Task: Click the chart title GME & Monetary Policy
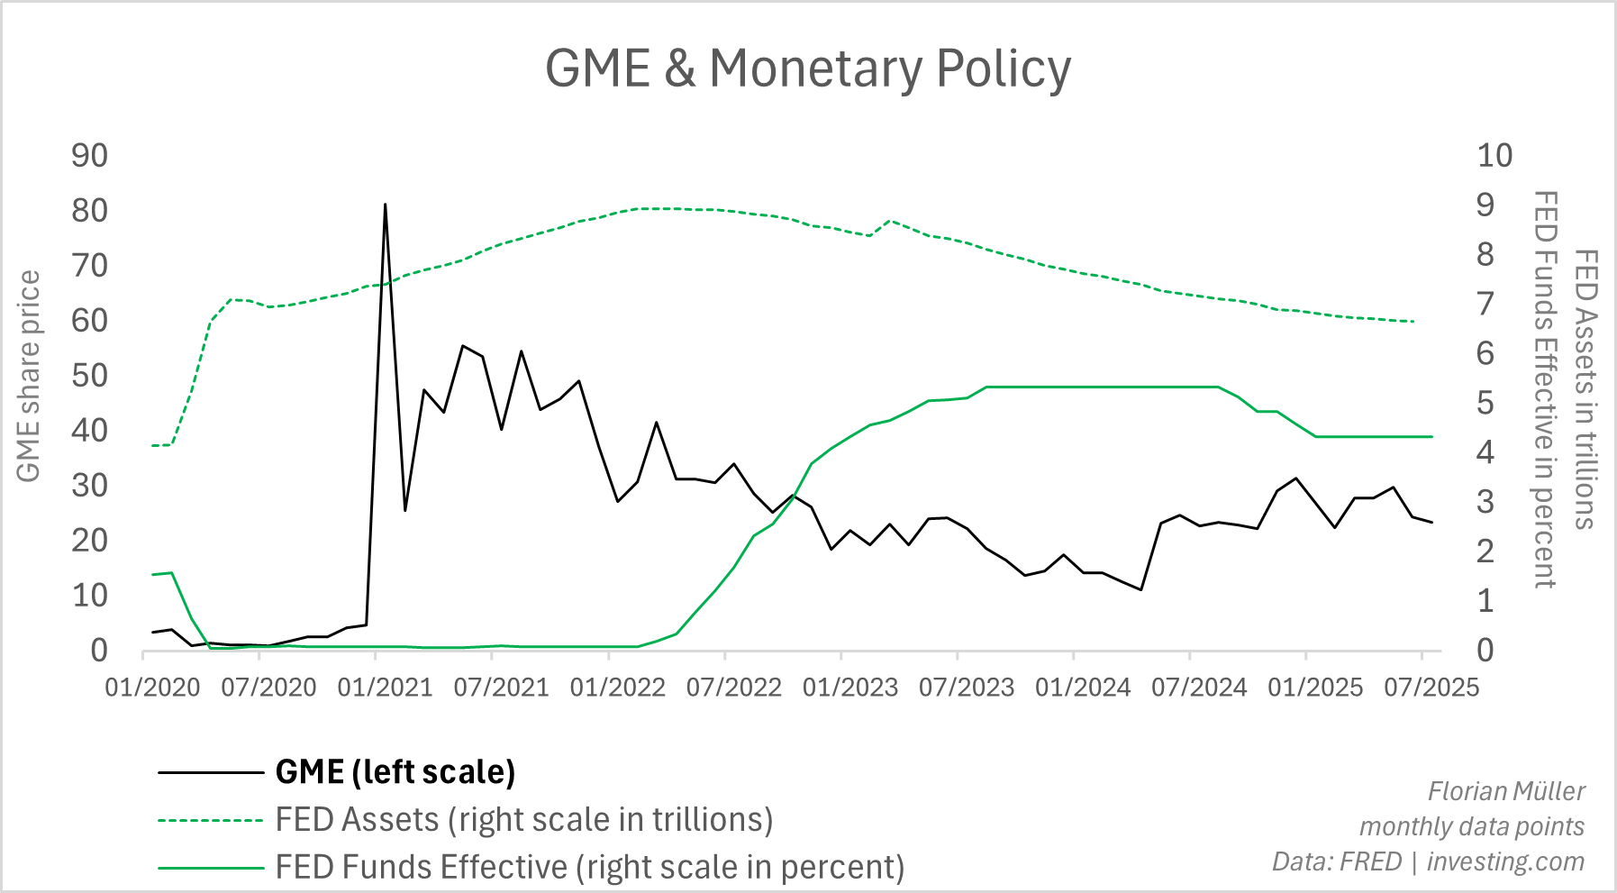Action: (x=808, y=68)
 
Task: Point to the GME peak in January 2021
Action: (x=386, y=205)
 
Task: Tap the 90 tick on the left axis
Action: (x=89, y=156)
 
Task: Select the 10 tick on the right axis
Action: (x=1494, y=156)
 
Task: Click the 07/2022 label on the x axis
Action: (x=733, y=688)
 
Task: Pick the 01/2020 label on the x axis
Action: (x=152, y=688)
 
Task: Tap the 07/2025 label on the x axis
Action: (x=1431, y=688)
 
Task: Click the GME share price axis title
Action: (x=29, y=377)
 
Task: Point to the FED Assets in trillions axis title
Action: (x=1585, y=389)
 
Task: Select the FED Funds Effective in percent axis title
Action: (x=1545, y=389)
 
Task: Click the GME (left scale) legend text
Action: (x=395, y=772)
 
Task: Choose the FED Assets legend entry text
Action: (x=524, y=820)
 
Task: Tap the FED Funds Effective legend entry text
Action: (x=590, y=867)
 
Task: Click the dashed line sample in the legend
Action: (x=210, y=821)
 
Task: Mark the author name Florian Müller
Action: (x=1506, y=791)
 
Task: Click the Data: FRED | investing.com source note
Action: (x=1428, y=861)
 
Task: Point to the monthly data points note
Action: (x=1472, y=826)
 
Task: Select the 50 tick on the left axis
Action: (x=89, y=376)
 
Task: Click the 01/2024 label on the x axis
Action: (x=1083, y=688)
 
